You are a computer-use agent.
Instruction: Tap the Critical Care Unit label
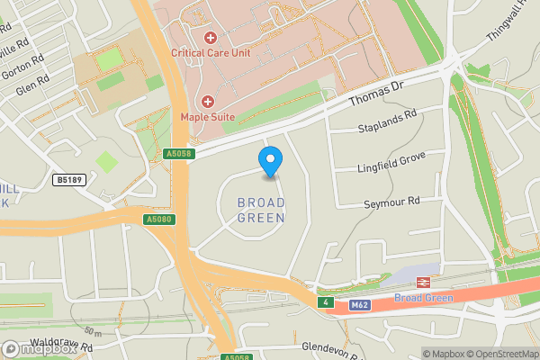(223, 52)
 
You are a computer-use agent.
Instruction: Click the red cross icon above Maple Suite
(209, 101)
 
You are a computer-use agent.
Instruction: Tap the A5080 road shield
(157, 219)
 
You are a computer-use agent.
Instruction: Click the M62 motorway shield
(360, 305)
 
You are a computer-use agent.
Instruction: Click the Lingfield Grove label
(391, 159)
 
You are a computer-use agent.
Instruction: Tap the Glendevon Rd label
(332, 347)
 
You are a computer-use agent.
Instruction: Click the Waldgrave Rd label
(61, 345)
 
